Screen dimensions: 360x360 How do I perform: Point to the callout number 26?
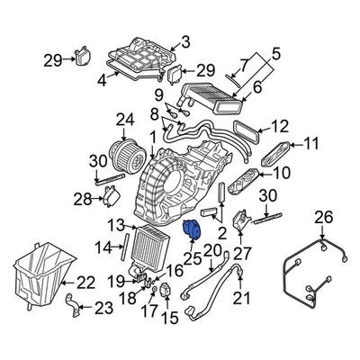[x=323, y=241]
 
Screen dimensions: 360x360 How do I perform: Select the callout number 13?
[x=115, y=224]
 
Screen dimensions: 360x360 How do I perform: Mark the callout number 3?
[x=185, y=41]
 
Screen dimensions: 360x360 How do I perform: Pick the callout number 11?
[x=311, y=143]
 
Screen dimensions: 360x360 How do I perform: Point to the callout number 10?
[x=281, y=173]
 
